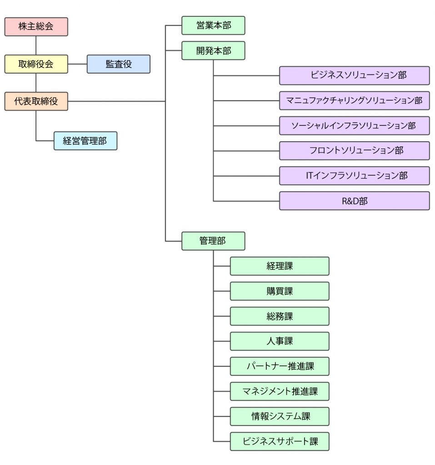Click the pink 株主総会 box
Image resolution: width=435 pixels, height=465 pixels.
tap(36, 26)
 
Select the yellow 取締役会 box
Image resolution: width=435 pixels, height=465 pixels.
tap(36, 64)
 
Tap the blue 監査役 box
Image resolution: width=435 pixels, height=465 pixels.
tap(118, 64)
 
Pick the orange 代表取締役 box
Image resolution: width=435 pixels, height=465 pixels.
tap(36, 101)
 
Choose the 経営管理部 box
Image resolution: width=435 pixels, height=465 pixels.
tap(85, 141)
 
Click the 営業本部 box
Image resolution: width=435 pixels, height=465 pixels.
tap(213, 25)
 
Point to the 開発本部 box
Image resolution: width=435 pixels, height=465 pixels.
tap(213, 50)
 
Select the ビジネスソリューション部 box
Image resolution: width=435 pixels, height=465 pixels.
tap(354, 75)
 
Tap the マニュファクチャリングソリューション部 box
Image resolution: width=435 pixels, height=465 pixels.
tap(354, 100)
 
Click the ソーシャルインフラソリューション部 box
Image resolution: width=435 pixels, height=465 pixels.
tap(354, 125)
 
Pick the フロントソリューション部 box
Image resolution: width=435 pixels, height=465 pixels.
tap(354, 150)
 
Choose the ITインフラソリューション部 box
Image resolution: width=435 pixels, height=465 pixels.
tap(354, 175)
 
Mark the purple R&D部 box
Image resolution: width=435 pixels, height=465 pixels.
tap(354, 201)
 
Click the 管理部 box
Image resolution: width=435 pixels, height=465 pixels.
tap(213, 241)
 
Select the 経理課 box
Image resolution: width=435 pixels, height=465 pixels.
tap(279, 266)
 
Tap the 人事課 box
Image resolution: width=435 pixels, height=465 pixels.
tap(279, 341)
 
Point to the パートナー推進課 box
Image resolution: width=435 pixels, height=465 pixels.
tap(279, 366)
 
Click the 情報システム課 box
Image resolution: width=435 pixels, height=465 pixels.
tap(279, 416)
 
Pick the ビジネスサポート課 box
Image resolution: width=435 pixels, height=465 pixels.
tap(279, 441)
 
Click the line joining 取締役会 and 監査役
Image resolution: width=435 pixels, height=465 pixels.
tap(77, 64)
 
